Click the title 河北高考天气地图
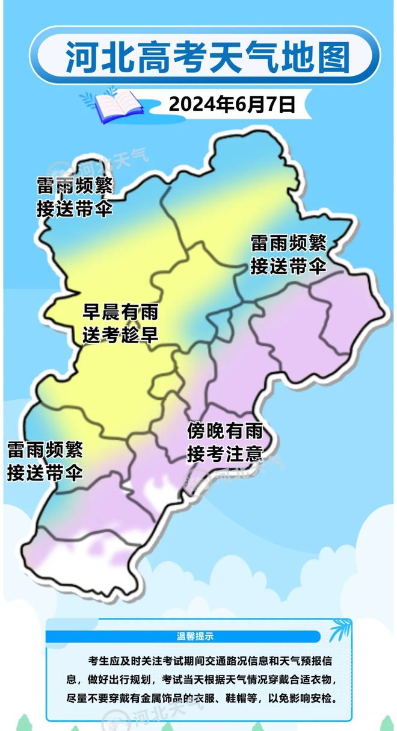click(x=208, y=57)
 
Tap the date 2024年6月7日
click(x=232, y=104)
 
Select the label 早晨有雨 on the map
click(x=120, y=313)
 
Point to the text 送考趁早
click(x=120, y=335)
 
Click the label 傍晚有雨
click(x=224, y=431)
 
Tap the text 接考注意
click(x=224, y=453)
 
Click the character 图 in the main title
click(x=333, y=57)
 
